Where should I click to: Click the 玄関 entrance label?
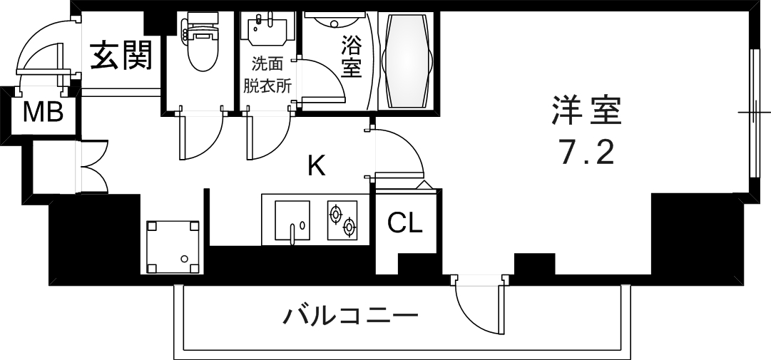122,56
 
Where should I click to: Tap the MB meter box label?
44,113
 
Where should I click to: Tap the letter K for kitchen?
316,167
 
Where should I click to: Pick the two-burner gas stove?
341,220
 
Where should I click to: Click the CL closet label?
405,225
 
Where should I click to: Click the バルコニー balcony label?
349,314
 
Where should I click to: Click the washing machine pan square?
173,246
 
